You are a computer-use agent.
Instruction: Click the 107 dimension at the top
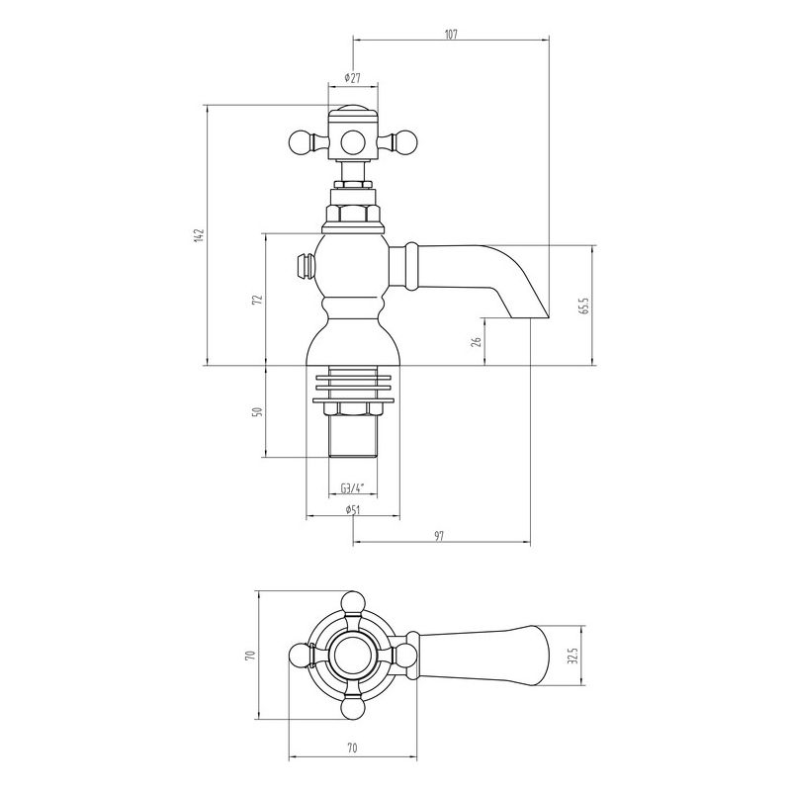tap(451, 35)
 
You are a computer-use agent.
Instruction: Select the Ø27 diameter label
tap(352, 78)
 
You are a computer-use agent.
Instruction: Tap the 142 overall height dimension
tap(199, 235)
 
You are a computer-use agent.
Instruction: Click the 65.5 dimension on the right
tap(584, 306)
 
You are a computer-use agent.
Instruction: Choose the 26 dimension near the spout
tap(476, 341)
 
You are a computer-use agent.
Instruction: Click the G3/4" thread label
tap(352, 488)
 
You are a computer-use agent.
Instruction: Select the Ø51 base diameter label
tap(353, 509)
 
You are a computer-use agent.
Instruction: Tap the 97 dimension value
tap(439, 536)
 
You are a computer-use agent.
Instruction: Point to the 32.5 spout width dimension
tap(572, 656)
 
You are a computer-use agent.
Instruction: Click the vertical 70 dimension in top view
tap(251, 655)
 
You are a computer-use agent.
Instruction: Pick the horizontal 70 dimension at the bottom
tap(352, 747)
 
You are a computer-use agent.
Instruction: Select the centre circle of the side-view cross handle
tap(353, 141)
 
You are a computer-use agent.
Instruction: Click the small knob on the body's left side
tap(306, 266)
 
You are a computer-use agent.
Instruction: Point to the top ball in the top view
tap(353, 602)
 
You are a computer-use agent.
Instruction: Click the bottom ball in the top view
tap(353, 707)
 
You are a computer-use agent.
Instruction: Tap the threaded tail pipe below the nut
tap(353, 437)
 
